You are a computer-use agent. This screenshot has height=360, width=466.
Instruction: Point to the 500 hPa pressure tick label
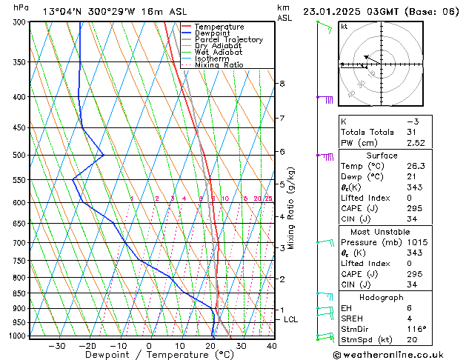(19, 155)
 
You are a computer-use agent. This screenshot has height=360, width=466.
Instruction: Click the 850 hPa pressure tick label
(19, 293)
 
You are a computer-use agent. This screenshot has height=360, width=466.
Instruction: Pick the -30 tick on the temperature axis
(56, 346)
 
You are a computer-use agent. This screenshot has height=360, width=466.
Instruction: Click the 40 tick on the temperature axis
(272, 346)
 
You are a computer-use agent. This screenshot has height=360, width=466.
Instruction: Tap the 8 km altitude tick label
(282, 84)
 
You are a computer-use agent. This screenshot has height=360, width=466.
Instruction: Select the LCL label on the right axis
(290, 319)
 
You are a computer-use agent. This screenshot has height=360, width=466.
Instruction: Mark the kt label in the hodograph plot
(344, 26)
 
